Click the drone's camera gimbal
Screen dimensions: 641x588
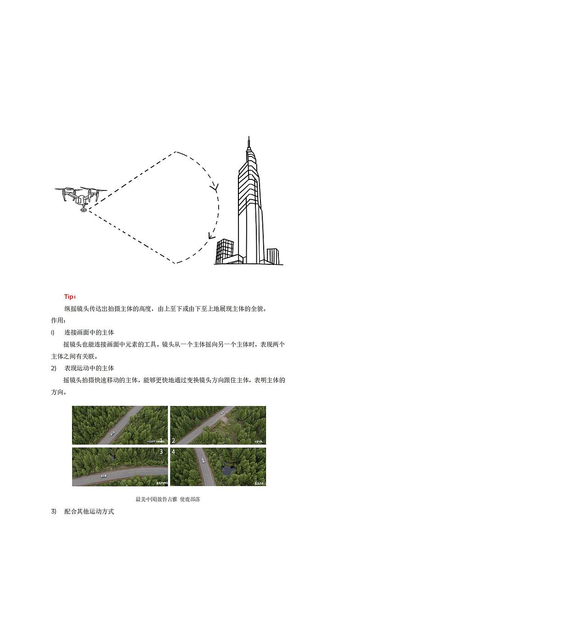(83, 210)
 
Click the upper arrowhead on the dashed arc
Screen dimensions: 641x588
(214, 187)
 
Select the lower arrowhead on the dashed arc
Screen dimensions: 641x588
(211, 236)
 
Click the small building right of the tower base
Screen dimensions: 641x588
(273, 256)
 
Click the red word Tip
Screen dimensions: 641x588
(70, 297)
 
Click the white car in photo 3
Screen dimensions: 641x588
(104, 476)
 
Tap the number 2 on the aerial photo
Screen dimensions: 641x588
(173, 440)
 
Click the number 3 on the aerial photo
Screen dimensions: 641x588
(161, 452)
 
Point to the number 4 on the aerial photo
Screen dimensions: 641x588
(173, 452)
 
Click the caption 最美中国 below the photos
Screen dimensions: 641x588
(146, 499)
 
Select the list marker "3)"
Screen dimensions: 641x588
(54, 511)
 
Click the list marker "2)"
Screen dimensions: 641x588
(54, 368)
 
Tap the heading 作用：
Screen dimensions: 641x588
(58, 320)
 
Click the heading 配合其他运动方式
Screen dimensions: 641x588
(89, 511)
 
